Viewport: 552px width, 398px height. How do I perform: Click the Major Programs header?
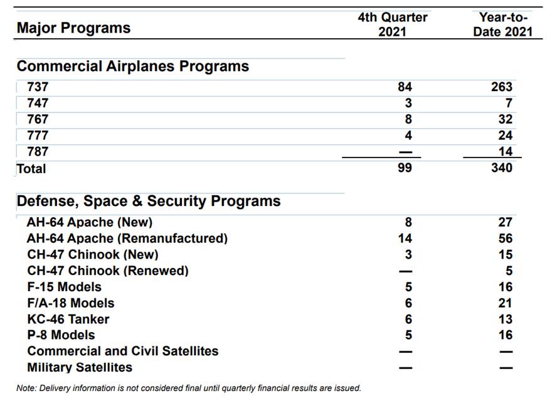[x=73, y=28]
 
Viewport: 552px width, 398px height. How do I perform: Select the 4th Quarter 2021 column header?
[x=392, y=24]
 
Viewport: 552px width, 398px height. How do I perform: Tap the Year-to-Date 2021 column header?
[x=502, y=24]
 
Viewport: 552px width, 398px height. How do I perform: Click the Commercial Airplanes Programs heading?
[x=132, y=67]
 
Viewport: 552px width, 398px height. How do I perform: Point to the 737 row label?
[x=38, y=87]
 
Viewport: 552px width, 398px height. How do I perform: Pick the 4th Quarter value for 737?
[x=405, y=87]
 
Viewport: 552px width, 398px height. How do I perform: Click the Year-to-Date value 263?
[x=501, y=87]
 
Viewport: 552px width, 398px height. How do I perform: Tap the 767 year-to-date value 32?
[x=505, y=119]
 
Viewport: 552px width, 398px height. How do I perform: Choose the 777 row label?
[x=38, y=136]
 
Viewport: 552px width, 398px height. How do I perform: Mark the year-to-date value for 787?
[x=505, y=151]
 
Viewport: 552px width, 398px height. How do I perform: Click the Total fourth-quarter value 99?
[x=405, y=168]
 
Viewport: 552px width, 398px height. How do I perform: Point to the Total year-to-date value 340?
[x=501, y=168]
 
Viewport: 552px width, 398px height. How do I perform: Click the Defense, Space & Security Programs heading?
[x=149, y=202]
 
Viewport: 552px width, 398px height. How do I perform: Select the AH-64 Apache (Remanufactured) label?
[x=127, y=239]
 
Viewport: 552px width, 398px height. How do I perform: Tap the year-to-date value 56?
[x=505, y=239]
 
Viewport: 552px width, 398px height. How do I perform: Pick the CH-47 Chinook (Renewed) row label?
[x=108, y=271]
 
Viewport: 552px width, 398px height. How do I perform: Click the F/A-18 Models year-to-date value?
[x=505, y=303]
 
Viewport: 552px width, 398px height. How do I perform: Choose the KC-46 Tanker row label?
[x=68, y=320]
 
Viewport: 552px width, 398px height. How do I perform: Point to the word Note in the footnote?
[x=26, y=388]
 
